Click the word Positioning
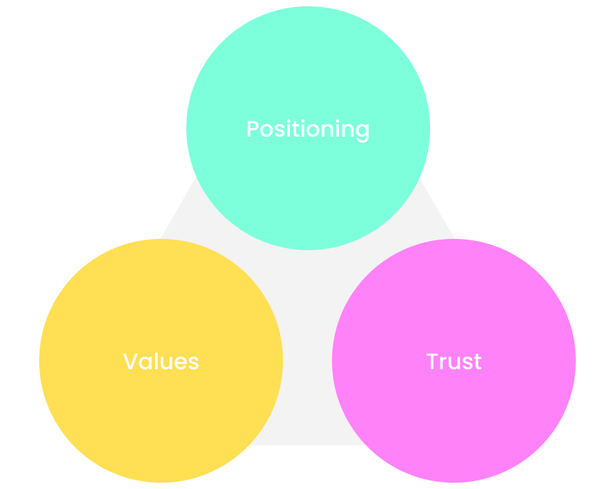tap(307, 130)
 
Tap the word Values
tap(161, 361)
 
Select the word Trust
tap(454, 361)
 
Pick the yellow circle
tap(161, 420)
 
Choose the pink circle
tap(454, 420)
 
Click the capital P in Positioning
tap(253, 130)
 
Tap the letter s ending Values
tap(193, 363)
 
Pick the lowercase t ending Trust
tap(478, 362)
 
